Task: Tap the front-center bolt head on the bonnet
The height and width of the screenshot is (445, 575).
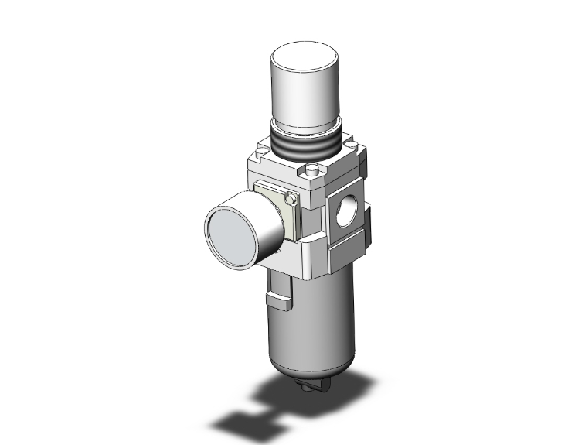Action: (x=311, y=172)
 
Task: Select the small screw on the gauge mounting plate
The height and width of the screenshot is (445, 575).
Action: (x=290, y=199)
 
